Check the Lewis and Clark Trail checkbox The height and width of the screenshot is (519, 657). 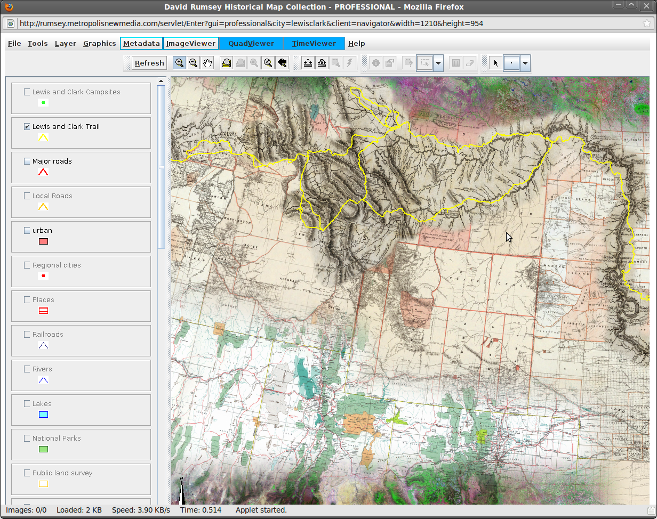click(27, 127)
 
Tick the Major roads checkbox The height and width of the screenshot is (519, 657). click(27, 161)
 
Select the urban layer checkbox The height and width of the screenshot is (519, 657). click(27, 231)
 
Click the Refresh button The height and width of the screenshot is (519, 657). click(149, 63)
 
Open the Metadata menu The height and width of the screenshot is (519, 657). click(141, 44)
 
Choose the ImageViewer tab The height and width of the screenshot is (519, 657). click(191, 44)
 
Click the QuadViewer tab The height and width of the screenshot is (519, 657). click(251, 44)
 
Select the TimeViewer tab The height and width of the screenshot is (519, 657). click(314, 44)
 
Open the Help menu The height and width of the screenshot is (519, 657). click(356, 44)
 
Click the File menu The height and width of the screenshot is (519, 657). click(14, 44)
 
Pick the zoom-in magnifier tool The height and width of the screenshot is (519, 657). click(180, 63)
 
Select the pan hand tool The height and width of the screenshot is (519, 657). click(207, 63)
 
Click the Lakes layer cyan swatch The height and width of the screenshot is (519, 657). click(43, 415)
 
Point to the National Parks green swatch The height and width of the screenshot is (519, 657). click(43, 449)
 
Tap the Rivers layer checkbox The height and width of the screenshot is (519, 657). click(27, 369)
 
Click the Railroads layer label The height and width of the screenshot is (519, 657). click(47, 335)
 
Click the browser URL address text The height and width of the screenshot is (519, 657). click(251, 23)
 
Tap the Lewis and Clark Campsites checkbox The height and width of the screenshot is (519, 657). click(27, 92)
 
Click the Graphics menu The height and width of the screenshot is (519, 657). click(99, 44)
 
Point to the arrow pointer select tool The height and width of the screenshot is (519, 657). click(496, 63)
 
